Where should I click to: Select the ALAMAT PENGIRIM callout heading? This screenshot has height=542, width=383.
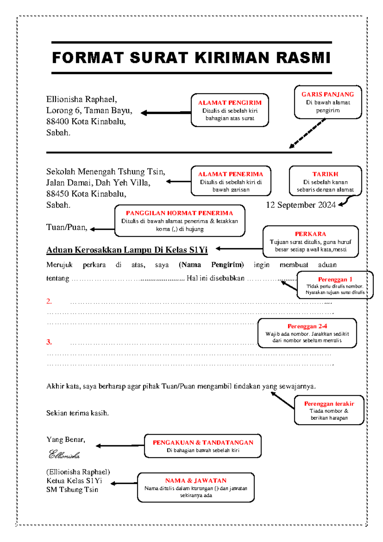click(229, 103)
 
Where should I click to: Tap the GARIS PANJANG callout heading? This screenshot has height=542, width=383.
click(327, 94)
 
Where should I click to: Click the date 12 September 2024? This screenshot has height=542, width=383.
click(301, 205)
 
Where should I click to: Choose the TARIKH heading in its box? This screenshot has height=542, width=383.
click(325, 174)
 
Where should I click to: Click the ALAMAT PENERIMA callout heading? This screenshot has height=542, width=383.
click(230, 174)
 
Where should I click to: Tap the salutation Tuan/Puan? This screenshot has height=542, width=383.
click(67, 227)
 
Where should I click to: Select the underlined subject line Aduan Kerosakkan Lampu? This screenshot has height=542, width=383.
click(127, 250)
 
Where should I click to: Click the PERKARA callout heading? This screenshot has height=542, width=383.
click(310, 234)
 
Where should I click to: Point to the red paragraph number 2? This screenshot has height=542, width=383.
click(49, 301)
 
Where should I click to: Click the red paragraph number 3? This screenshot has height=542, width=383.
click(49, 342)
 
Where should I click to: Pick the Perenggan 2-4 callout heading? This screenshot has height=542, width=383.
click(307, 326)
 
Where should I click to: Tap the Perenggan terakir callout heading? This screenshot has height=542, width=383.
click(329, 404)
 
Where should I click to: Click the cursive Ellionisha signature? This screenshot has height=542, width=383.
click(64, 455)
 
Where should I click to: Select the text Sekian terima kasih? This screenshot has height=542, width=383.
click(77, 413)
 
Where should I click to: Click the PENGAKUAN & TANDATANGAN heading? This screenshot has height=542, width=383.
click(203, 443)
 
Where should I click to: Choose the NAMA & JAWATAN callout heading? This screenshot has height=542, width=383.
click(196, 481)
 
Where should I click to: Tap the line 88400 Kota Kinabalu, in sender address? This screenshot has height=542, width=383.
click(86, 121)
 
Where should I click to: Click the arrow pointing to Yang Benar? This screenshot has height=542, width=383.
click(120, 445)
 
